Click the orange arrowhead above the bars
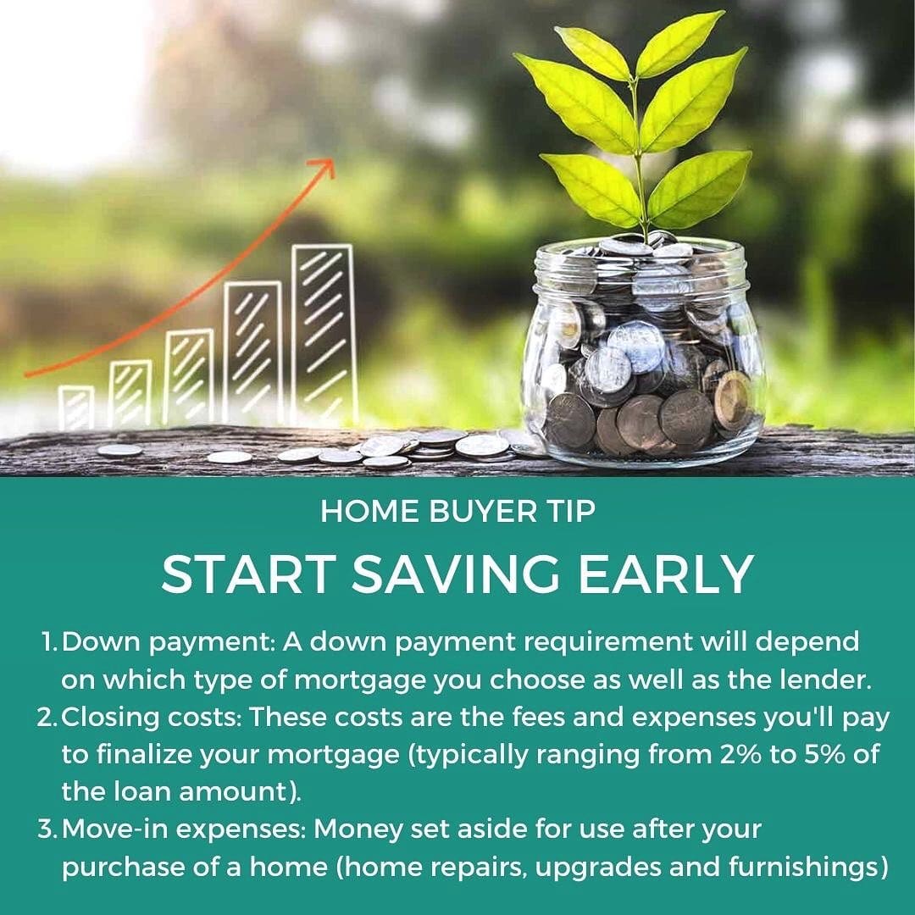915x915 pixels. (325, 166)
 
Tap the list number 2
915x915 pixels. (47, 718)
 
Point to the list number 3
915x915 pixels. (47, 829)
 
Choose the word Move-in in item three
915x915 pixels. (112, 829)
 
